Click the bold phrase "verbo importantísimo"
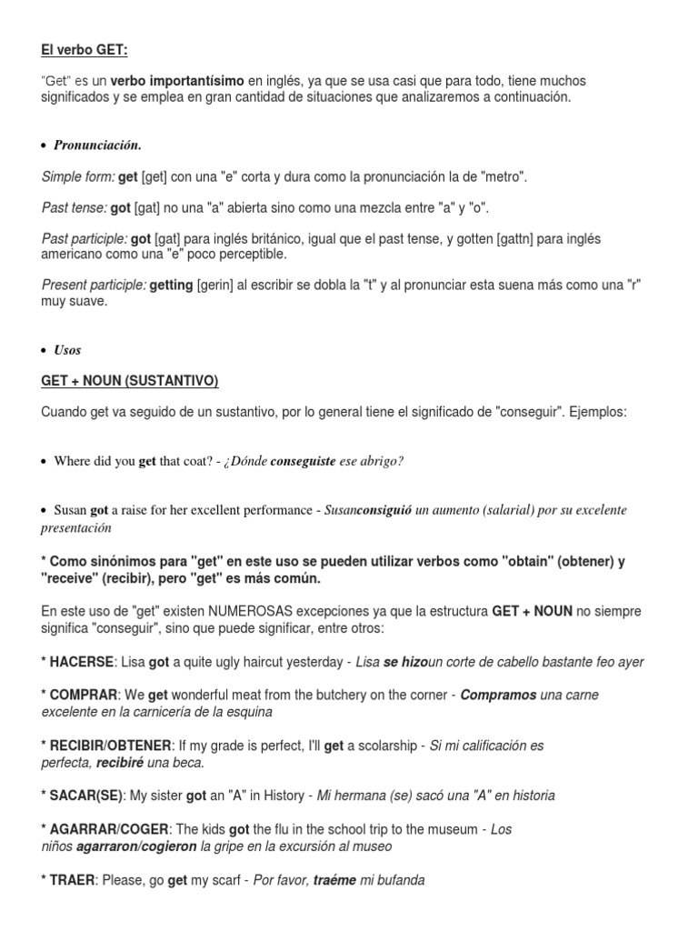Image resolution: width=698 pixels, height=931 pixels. (178, 82)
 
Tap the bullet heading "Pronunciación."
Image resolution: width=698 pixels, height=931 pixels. (97, 145)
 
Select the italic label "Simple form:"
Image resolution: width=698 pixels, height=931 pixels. (78, 176)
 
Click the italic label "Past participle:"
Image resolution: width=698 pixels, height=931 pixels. (85, 238)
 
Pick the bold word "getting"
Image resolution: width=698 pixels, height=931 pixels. (171, 285)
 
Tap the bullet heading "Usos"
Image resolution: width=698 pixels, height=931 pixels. (67, 350)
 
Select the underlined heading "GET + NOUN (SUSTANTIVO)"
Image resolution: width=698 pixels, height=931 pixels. (130, 380)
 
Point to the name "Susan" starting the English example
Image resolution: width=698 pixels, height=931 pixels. (71, 511)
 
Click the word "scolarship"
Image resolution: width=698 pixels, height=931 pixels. (381, 746)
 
